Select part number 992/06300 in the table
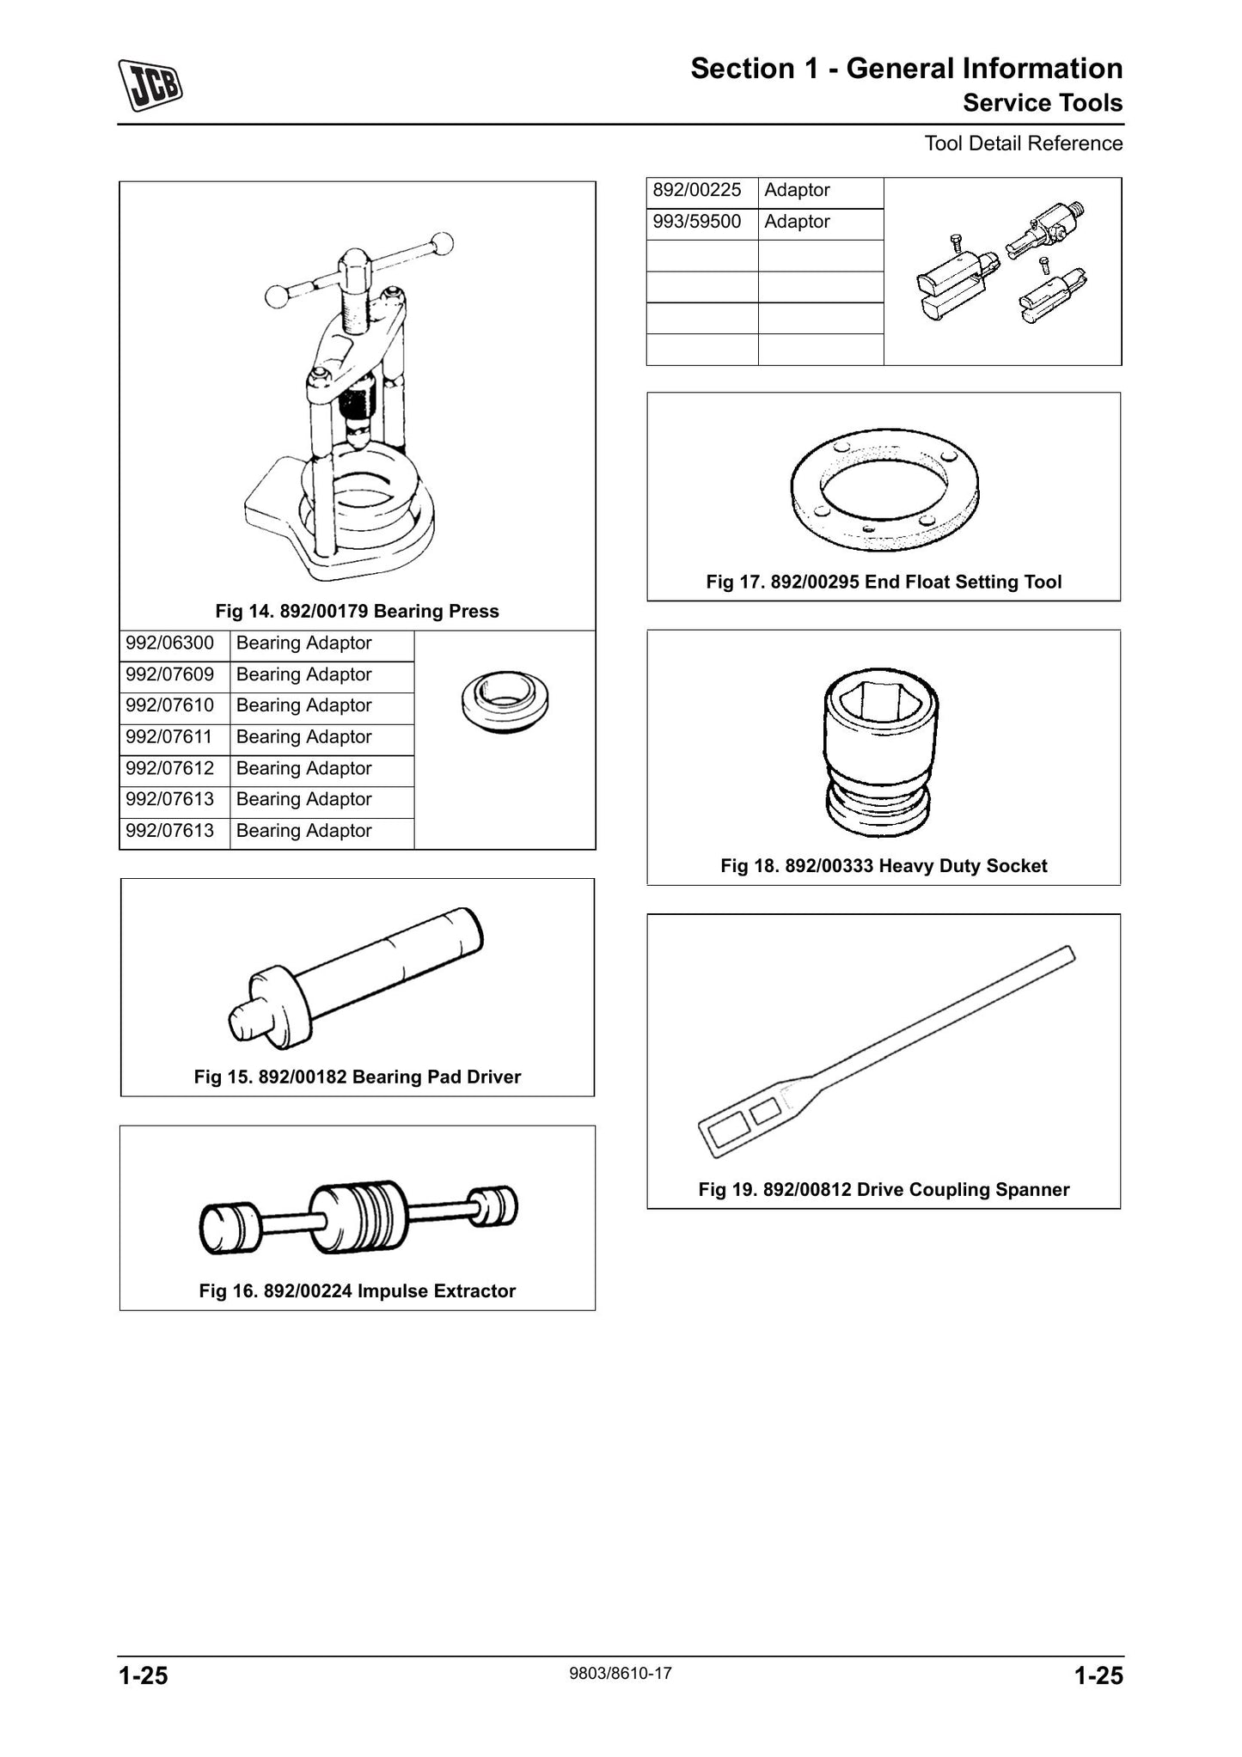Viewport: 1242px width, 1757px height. [x=170, y=644]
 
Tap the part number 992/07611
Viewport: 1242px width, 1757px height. [x=170, y=737]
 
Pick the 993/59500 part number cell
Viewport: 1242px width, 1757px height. [x=697, y=222]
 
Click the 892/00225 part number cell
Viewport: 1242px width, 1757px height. [x=697, y=190]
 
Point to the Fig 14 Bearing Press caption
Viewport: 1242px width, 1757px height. [x=357, y=612]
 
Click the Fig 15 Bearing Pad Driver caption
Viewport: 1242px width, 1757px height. [x=358, y=1077]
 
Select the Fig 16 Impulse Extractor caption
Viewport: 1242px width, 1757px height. [x=358, y=1291]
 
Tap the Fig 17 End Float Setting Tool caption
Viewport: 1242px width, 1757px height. [x=884, y=583]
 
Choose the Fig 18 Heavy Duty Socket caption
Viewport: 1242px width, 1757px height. [x=884, y=866]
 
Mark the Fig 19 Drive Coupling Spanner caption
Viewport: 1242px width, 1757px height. [x=884, y=1190]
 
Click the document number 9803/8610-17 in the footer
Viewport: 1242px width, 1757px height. [x=621, y=1673]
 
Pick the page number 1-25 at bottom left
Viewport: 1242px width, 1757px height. [x=143, y=1676]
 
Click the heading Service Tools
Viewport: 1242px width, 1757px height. [x=1043, y=103]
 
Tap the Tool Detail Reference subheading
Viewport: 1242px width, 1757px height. [x=1024, y=143]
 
